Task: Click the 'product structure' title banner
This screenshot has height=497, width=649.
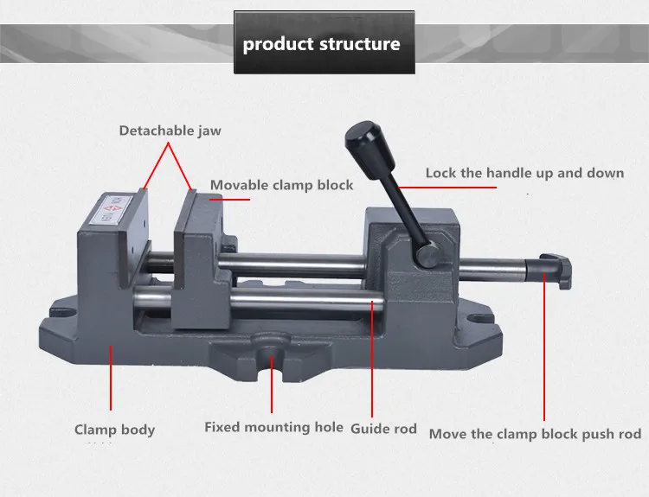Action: pos(322,43)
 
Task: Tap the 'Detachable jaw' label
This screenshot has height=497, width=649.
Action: pos(170,131)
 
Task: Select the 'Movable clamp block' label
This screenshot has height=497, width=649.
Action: pos(282,185)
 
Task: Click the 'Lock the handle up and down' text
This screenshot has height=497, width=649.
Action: pos(524,173)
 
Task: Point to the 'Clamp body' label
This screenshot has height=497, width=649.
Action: pos(114,430)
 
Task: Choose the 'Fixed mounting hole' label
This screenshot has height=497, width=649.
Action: pos(273,427)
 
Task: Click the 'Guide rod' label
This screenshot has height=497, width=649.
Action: pos(383,429)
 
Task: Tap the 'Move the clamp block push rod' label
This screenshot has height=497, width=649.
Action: pos(535,434)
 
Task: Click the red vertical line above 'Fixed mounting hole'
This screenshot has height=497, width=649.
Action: pos(273,385)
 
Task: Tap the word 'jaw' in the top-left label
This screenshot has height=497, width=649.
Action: pos(209,131)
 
